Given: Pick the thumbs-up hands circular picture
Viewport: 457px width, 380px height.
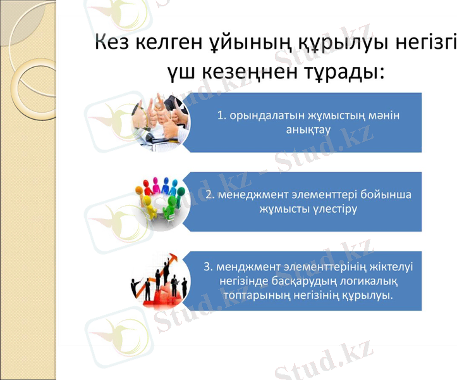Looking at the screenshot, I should (x=161, y=120).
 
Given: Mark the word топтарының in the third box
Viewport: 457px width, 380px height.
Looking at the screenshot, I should (x=252, y=294).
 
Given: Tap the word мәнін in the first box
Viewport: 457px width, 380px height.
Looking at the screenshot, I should (x=386, y=115).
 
